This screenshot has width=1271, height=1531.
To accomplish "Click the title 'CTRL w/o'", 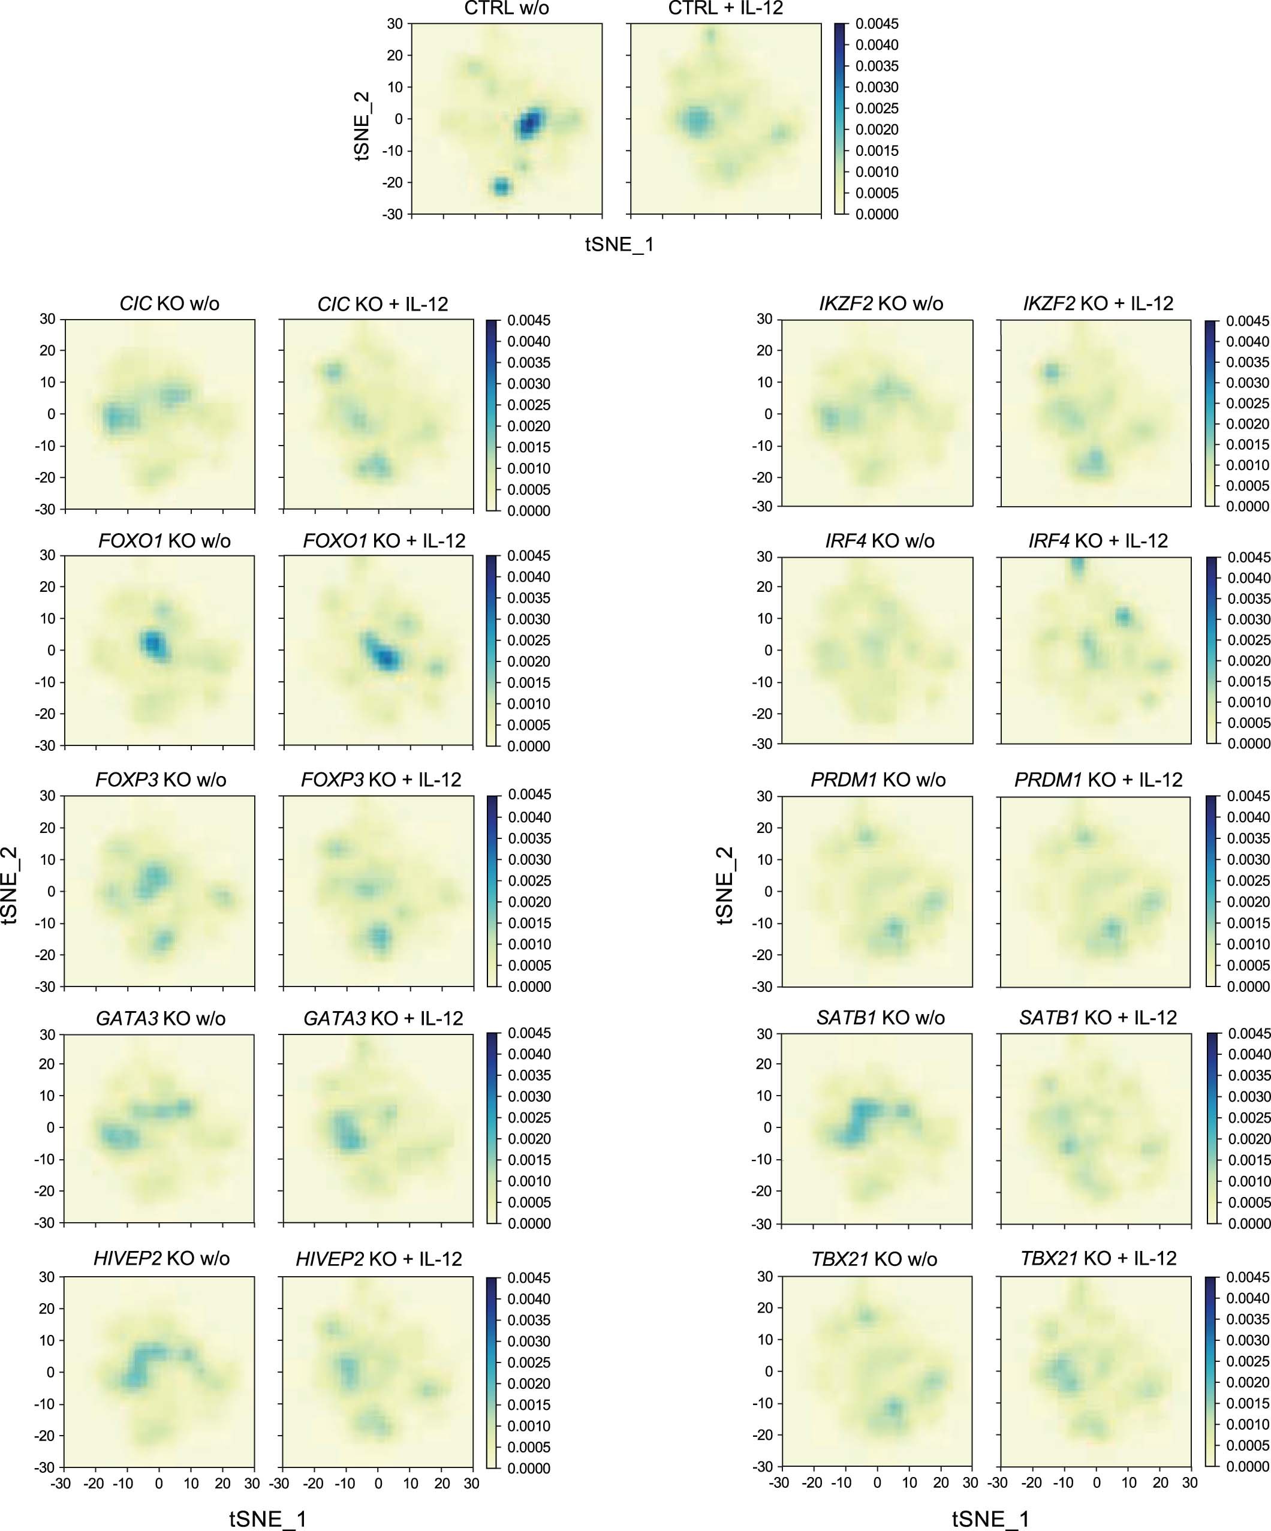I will [x=507, y=9].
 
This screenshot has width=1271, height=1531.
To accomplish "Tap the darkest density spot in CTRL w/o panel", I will [x=531, y=122].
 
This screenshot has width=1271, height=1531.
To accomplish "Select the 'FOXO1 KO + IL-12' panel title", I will [x=384, y=541].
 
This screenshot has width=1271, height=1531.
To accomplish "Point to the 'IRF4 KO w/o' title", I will [x=880, y=541].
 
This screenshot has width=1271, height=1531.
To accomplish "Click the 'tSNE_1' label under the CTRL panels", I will [x=619, y=244].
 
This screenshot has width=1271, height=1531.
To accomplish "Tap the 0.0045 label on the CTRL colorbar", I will [x=877, y=24].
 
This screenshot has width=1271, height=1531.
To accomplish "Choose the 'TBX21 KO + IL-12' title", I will [x=1098, y=1258].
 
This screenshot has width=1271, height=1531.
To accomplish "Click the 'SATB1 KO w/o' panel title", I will [x=880, y=1018].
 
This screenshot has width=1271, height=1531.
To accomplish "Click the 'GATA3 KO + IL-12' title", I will [x=383, y=1018].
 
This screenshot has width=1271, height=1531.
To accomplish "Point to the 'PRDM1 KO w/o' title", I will [x=878, y=780].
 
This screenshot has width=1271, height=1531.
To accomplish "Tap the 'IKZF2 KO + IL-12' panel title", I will [x=1098, y=303].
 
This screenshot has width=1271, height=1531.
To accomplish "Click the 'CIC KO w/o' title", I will [x=169, y=303].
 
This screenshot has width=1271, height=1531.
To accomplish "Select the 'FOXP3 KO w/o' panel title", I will [x=160, y=780].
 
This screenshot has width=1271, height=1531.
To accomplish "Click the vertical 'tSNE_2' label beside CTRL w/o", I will [x=362, y=125].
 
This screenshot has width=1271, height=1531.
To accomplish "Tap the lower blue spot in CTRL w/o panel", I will [x=501, y=187].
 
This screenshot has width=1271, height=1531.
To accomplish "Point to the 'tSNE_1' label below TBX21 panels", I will [x=990, y=1518].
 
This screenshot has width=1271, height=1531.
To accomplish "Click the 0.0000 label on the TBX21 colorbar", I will [x=1248, y=1466].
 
